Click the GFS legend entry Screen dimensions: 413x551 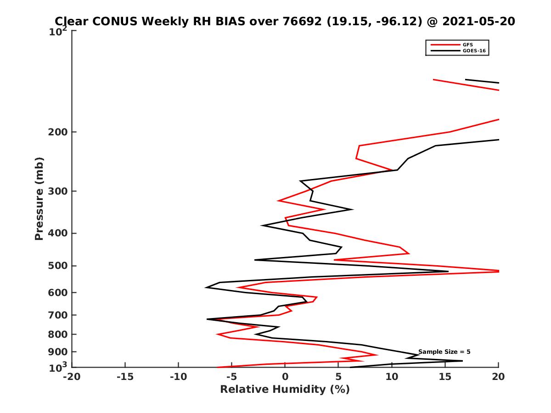pos(469,45)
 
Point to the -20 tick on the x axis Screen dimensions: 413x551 pos(72,377)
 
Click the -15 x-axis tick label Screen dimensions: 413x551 pos(125,377)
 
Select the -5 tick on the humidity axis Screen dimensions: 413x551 pos(232,377)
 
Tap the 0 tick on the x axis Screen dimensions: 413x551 pos(285,377)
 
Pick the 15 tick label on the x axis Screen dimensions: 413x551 pos(445,377)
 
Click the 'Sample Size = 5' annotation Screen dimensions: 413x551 pos(444,352)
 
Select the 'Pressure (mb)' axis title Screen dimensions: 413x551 pos(39,198)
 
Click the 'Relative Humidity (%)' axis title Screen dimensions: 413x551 pos(285,390)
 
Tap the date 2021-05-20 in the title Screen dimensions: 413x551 pos(478,22)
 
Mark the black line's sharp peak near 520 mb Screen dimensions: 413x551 pos(448,271)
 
